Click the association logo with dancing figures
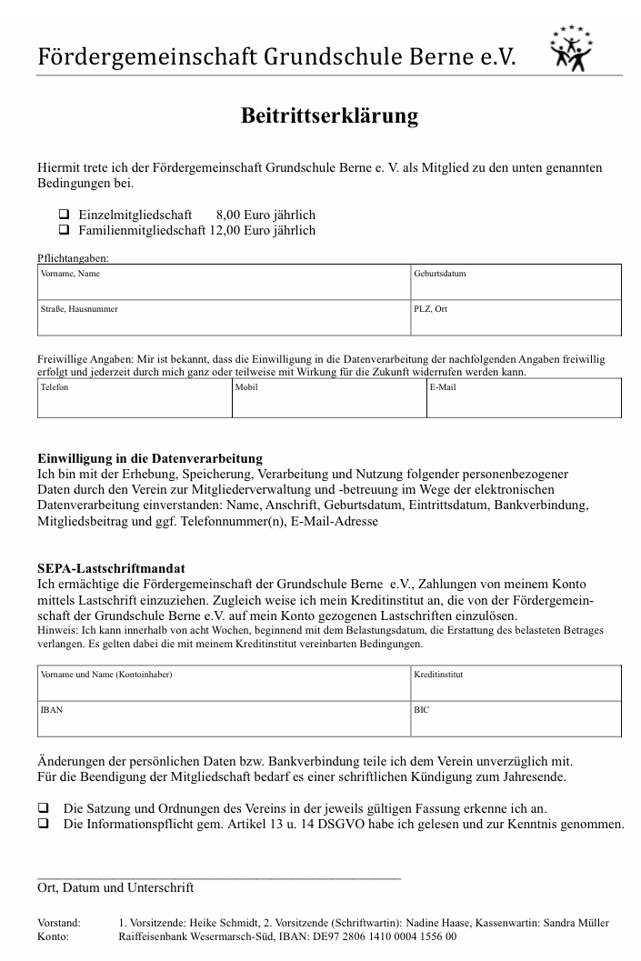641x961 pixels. point(570,49)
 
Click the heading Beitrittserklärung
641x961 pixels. point(329,115)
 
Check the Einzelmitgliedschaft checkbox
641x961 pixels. point(65,215)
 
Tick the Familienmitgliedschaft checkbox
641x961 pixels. point(65,230)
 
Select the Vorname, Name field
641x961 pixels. point(224,285)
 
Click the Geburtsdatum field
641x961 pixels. point(516,285)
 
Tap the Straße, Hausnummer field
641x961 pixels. point(224,320)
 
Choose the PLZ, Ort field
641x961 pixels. point(516,320)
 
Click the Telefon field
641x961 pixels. point(135,400)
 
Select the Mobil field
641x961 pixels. point(329,400)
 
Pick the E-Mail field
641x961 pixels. point(524,400)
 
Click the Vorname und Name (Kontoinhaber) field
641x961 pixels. point(224,686)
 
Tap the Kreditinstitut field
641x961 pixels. point(516,686)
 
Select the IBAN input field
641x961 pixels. point(224,720)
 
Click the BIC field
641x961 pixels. point(516,720)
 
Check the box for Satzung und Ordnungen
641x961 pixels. point(43,807)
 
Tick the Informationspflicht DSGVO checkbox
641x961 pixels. point(43,824)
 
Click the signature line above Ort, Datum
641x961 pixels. point(218,877)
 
